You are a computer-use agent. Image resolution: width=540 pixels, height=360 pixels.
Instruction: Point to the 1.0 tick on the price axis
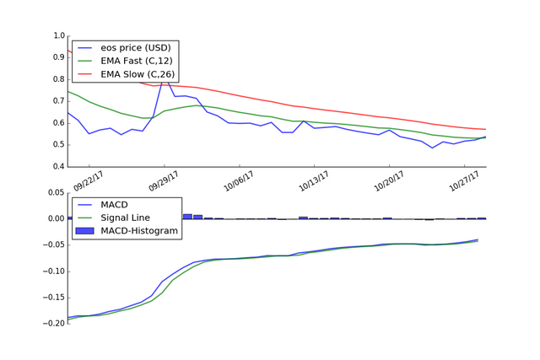click(x=58, y=36)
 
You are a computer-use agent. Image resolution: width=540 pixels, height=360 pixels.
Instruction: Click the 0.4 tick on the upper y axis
click(x=58, y=166)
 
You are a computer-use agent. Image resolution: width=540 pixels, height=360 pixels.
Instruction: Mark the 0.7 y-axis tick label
click(x=58, y=101)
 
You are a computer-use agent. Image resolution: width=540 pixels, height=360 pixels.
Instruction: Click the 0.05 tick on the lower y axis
click(x=55, y=192)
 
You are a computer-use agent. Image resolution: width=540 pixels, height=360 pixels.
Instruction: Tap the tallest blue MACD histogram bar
click(x=187, y=216)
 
